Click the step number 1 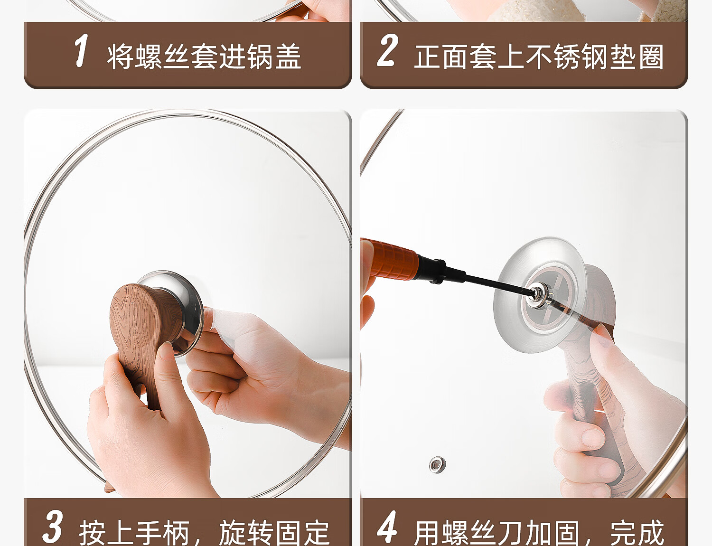81,50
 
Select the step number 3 52,527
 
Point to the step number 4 387,527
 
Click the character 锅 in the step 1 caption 260,56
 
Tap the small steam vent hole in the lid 438,464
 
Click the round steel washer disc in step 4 539,294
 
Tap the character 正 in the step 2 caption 427,56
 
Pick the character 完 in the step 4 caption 623,532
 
